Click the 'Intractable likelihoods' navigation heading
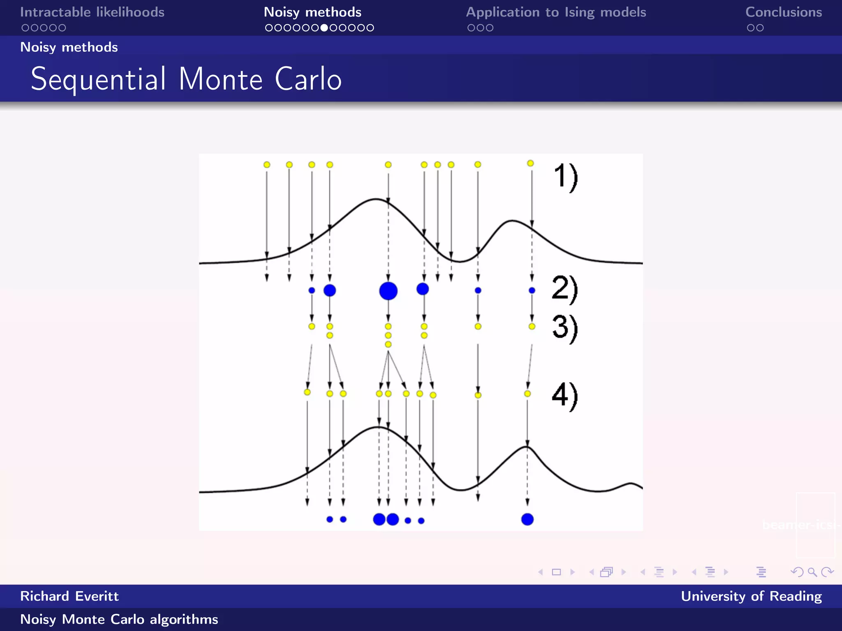[92, 12]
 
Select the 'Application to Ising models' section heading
[556, 12]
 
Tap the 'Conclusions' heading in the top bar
[784, 12]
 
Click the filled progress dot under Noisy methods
[324, 28]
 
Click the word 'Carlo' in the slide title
[308, 79]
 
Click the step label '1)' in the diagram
[566, 177]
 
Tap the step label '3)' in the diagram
[565, 328]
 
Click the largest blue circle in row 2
[388, 291]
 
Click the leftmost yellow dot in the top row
[267, 165]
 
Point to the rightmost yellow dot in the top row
[530, 164]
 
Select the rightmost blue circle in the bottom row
[527, 519]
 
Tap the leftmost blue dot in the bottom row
[329, 519]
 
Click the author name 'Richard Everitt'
[69, 596]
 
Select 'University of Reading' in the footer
[751, 596]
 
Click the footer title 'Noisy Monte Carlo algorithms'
[119, 619]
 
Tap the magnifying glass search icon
[812, 572]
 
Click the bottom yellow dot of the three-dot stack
[388, 344]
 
